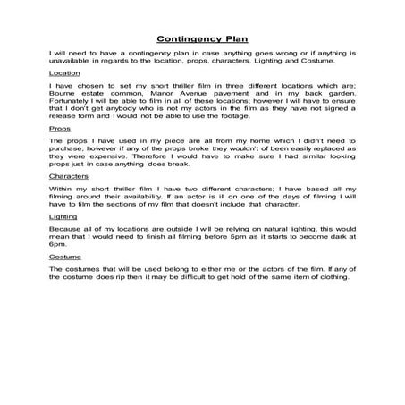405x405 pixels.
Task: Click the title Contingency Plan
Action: (x=202, y=39)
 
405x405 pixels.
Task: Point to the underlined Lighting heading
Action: (x=63, y=217)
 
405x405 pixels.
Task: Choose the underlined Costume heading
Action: (x=65, y=257)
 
